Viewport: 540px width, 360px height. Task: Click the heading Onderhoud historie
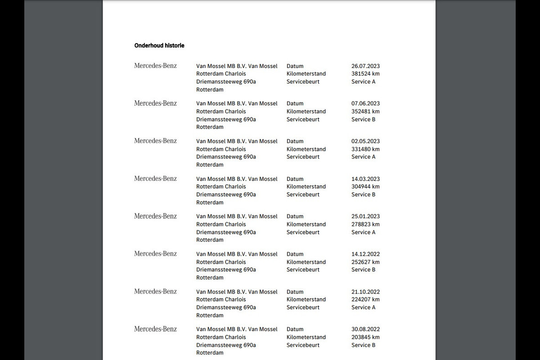[159, 45]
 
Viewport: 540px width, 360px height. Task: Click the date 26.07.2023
[365, 66]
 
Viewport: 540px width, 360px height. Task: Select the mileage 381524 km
[365, 74]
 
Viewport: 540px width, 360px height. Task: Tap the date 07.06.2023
[365, 103]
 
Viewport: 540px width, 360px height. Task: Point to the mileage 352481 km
[365, 112]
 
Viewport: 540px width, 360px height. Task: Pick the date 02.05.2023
[365, 141]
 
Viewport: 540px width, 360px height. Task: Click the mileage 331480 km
[365, 149]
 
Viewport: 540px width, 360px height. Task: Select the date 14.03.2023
[365, 179]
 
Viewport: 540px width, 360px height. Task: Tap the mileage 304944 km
[365, 187]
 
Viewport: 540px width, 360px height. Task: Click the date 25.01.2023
[365, 216]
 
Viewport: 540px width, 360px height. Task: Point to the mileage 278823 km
[365, 225]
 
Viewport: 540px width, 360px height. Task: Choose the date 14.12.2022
[365, 254]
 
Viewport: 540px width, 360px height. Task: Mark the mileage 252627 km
[365, 262]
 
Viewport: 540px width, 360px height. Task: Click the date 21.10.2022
[365, 292]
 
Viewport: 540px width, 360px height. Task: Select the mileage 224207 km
[365, 300]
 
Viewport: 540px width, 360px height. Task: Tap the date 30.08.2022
[365, 329]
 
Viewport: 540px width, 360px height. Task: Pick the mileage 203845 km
[365, 337]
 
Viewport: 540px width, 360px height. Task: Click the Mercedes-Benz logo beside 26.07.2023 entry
[155, 66]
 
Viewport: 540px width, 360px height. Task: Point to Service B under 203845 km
[363, 345]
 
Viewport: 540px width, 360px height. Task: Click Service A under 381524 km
[363, 82]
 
